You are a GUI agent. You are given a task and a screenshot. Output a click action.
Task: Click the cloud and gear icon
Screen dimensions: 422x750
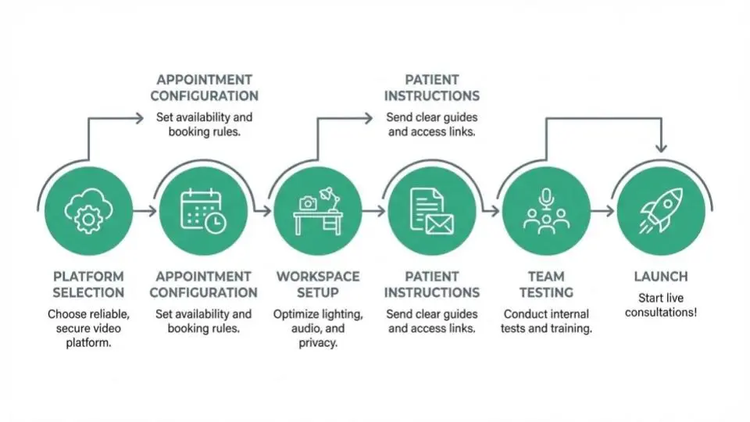click(88, 211)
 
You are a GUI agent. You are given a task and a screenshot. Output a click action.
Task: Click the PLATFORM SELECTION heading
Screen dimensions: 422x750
click(88, 284)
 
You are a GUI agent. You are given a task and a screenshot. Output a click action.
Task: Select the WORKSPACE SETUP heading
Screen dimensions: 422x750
click(318, 284)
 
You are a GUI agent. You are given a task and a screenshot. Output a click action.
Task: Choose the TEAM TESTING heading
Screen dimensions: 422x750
click(546, 284)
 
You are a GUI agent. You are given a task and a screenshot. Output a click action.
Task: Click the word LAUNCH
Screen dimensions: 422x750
click(661, 277)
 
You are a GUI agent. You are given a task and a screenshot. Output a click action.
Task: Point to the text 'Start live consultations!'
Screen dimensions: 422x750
click(661, 306)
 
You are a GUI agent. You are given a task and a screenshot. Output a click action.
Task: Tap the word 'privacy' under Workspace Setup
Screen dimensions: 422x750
click(318, 343)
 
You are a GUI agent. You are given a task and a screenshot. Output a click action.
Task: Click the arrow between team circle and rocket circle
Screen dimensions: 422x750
click(602, 211)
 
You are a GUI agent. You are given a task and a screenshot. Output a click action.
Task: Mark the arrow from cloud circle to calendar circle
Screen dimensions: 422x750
click(145, 211)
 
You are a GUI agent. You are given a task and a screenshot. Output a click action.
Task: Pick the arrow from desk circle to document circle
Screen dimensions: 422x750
click(374, 211)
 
